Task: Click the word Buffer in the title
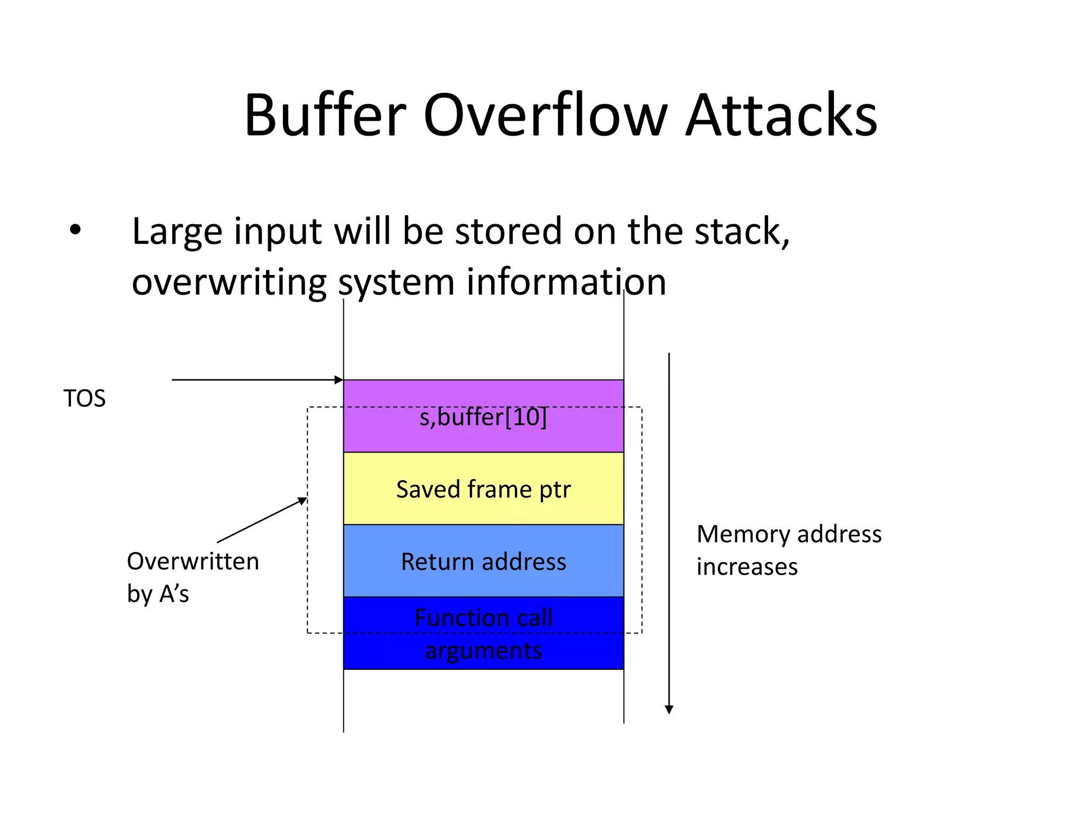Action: coord(325,116)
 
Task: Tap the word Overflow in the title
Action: coord(545,116)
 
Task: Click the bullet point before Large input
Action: coord(75,230)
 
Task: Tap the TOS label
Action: coord(84,399)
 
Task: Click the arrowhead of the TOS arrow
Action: coord(339,379)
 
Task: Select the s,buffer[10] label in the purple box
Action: coord(483,417)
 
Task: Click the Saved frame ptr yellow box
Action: coord(483,489)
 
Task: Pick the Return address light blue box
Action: coord(483,561)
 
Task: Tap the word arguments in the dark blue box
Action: coord(483,651)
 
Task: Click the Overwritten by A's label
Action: coord(192,577)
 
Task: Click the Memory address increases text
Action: coord(788,550)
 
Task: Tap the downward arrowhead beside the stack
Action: coord(669,710)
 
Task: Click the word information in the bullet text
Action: coord(566,282)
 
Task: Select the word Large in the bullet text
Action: coord(177,232)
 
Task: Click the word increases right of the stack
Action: coord(746,567)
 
